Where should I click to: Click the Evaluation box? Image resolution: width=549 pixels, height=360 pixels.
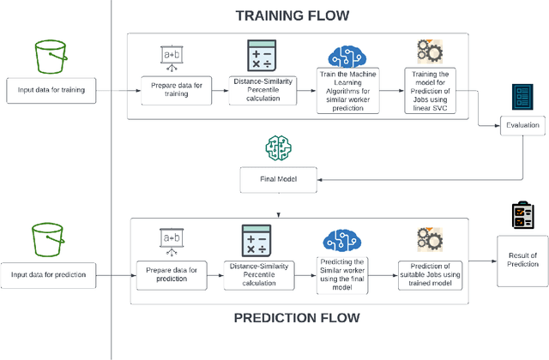point(522,125)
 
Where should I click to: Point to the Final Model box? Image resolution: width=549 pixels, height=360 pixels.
point(279,180)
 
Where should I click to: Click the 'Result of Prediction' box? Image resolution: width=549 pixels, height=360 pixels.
point(522,261)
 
